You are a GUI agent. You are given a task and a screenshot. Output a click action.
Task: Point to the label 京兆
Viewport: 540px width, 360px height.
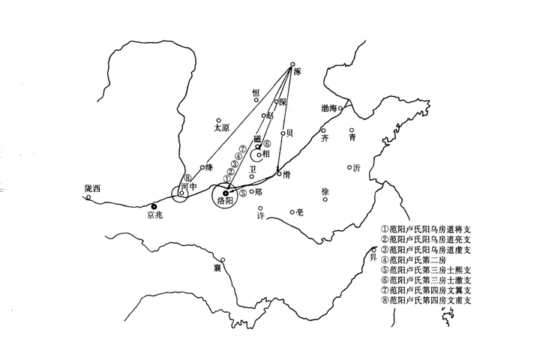tap(154, 215)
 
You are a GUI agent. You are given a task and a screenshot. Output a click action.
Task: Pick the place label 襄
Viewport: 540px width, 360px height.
tap(217, 267)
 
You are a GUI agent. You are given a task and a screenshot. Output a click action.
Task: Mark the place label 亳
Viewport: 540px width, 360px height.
tap(301, 212)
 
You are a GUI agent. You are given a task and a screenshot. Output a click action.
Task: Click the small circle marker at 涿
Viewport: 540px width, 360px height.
tap(292, 64)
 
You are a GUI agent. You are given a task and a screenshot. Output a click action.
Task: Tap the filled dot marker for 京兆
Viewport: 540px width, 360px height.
tap(154, 205)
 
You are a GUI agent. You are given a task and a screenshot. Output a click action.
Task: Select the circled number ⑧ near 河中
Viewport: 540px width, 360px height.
tap(187, 178)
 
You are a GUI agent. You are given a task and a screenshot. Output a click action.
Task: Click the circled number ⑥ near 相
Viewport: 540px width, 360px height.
tap(266, 144)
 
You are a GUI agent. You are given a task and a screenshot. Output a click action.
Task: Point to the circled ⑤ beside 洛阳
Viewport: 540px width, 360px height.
tap(242, 193)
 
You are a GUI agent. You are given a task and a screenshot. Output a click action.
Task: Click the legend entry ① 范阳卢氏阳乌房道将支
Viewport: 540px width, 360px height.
tap(428, 228)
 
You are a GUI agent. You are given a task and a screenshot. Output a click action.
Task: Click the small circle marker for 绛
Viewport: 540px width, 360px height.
tap(202, 167)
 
